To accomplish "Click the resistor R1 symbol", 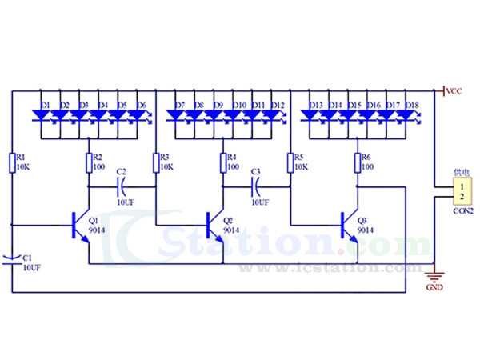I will (x=12, y=162).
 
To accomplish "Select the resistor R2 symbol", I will (x=89, y=162).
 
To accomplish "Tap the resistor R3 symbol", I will (x=156, y=162).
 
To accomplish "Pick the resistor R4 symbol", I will (x=222, y=162).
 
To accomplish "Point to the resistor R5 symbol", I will (x=290, y=162).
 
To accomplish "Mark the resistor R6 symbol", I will (x=357, y=162).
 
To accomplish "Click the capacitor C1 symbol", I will (x=12, y=258).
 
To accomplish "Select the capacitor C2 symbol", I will (x=122, y=187).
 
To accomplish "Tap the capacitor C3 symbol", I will (x=256, y=187).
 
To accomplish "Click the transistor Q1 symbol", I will (x=79, y=224).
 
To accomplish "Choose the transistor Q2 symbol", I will (x=214, y=224).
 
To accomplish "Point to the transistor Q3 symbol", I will (x=348, y=224).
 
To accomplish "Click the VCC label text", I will (x=454, y=90).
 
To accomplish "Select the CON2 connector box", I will (x=462, y=192).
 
